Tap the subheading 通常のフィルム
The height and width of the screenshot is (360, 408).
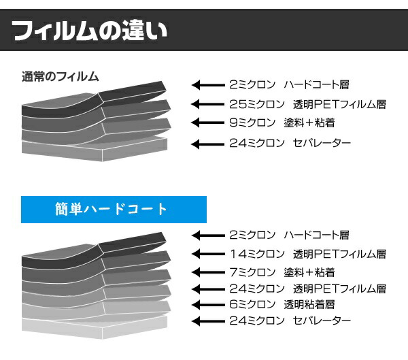coord(61,76)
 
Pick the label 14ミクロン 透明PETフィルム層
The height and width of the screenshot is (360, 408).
coord(307,254)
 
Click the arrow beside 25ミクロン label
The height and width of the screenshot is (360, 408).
coord(207,104)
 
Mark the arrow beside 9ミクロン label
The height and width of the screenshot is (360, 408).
coord(207,123)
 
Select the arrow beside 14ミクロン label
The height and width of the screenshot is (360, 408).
coord(207,254)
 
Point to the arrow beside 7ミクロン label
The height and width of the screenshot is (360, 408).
coord(207,272)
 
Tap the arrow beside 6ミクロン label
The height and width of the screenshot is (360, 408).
coord(207,304)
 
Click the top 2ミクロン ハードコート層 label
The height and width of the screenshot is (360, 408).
coord(289,85)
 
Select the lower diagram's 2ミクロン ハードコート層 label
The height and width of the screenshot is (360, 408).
coord(289,235)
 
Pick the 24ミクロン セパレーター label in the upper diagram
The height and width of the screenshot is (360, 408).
coord(290,143)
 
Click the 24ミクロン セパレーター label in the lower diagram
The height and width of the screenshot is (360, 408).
coord(290,321)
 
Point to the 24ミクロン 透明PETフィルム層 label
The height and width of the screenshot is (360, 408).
coord(307,288)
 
